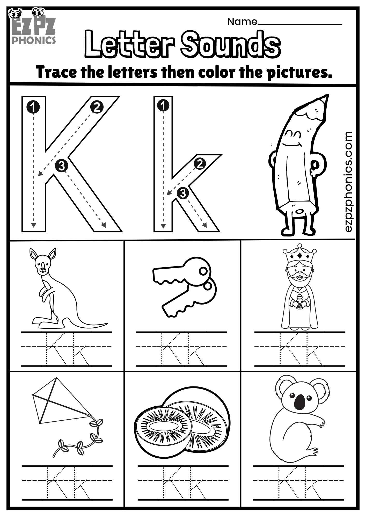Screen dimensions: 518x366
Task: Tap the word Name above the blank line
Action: coord(242,22)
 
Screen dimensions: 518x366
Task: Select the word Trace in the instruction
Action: coord(56,72)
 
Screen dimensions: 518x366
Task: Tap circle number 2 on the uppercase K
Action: coord(97,107)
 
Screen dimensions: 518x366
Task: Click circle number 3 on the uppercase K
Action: coord(62,166)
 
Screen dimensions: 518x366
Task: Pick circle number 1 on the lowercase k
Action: coord(163,105)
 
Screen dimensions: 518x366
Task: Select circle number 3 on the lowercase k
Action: coord(183,193)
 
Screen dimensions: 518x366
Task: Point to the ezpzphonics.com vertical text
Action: coord(348,181)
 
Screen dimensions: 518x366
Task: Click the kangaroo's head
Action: coord(43,264)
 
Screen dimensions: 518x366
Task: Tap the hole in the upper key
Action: coord(203,271)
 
